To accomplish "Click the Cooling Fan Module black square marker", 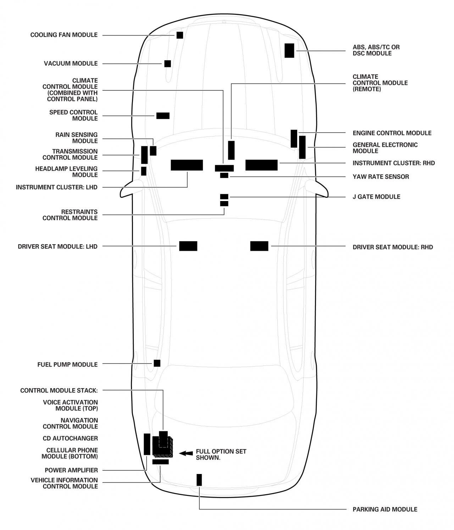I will pos(180,35).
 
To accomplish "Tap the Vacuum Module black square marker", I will pos(167,63).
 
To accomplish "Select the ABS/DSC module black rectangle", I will pos(289,50).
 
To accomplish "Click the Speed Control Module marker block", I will pos(163,116).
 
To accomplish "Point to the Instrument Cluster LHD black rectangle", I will pos(187,165).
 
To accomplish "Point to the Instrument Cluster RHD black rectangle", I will pos(261,165).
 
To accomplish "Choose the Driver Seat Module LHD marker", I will pos(188,246).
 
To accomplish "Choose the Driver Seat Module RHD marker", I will pos(259,246).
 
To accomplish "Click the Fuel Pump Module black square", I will pos(157,363).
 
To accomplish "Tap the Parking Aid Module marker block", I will pos(199,480).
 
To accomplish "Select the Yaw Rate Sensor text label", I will pos(381,177).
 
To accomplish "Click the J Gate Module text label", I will pos(376,197).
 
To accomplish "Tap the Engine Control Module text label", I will pos(392,133).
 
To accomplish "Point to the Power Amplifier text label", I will pos(71,470).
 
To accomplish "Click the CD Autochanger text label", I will pos(70,438).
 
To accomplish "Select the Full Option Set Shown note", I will pos(221,454).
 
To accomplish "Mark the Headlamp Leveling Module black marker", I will pos(144,171).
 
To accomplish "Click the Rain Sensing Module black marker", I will pos(153,151).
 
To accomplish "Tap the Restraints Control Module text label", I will pos(70,215).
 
